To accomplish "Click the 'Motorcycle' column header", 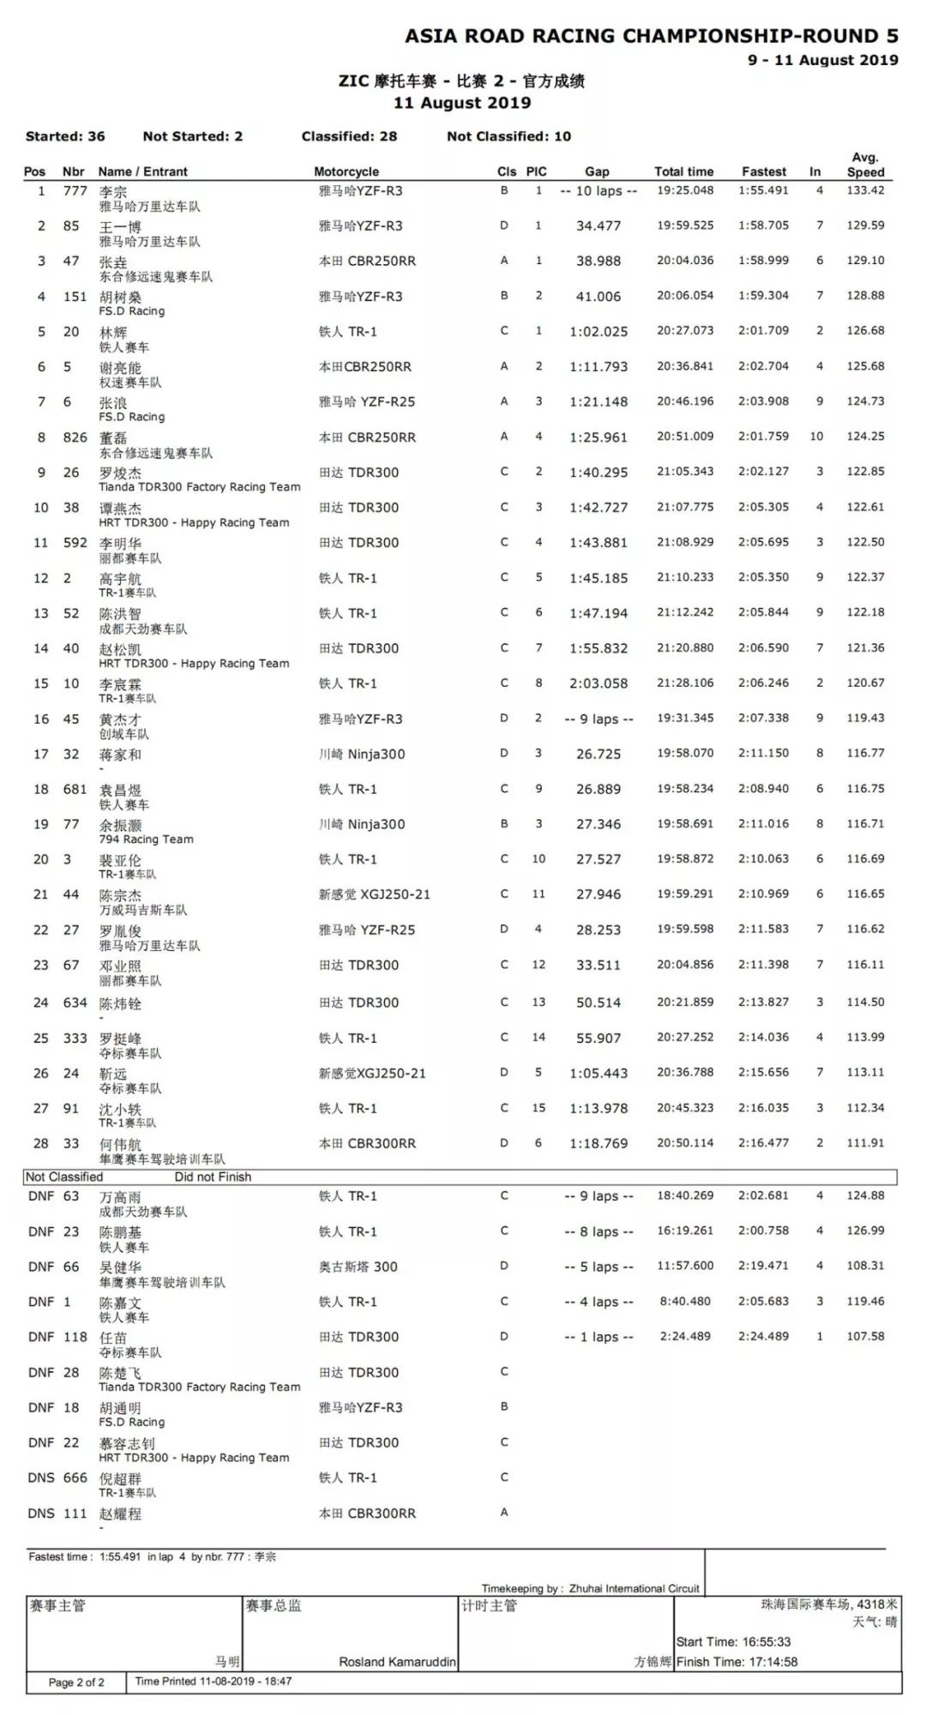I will tap(346, 171).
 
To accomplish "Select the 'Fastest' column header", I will tap(763, 171).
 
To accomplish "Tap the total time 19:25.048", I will tap(685, 190).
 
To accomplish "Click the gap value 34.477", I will tap(598, 226).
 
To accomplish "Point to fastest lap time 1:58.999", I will tap(763, 261).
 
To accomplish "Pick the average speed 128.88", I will tap(865, 296).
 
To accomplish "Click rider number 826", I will tap(75, 437).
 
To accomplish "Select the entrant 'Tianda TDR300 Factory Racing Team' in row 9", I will tap(199, 487).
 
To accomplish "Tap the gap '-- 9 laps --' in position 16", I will tap(598, 719).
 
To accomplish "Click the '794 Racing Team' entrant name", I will tap(146, 839).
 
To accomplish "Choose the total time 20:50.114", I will tap(685, 1143).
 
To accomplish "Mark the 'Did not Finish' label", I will tap(213, 1177).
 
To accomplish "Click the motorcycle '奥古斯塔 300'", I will tap(358, 1267).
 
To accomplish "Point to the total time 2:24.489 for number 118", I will tap(685, 1337).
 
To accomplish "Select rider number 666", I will tap(75, 1478).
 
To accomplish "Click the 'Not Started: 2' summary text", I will tap(193, 136).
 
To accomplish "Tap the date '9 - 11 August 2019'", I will tap(822, 60).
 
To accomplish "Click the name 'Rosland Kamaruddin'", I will tap(397, 1662).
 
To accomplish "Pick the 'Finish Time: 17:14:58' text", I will tap(737, 1662).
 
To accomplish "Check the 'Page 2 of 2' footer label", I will tap(76, 1682).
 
